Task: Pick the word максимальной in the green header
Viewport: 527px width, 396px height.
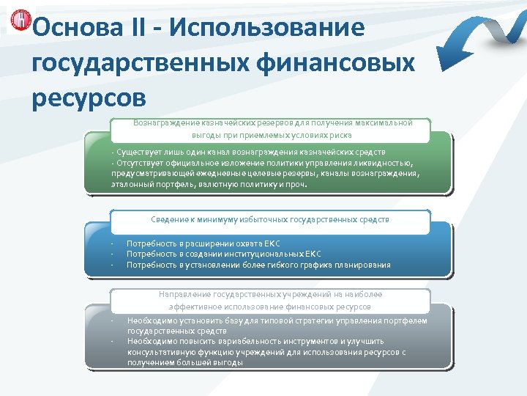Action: pos(385,122)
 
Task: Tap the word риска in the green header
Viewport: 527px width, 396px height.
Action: pos(340,135)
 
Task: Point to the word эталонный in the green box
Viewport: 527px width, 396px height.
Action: pos(132,185)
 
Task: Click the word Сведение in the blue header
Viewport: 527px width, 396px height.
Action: pos(168,219)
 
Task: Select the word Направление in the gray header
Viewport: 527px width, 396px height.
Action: pos(184,294)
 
